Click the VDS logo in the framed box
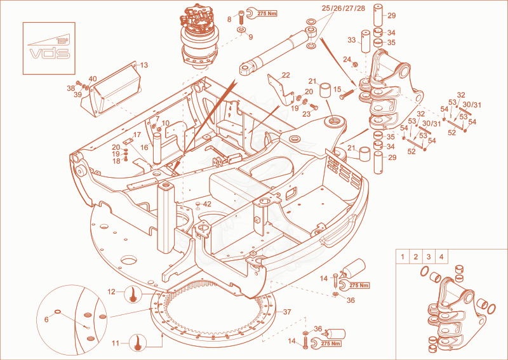coord(49,48)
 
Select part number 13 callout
coord(144,65)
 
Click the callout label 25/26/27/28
coord(344,8)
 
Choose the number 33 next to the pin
coord(352,40)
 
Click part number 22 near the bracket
coord(286,75)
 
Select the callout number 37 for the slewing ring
coord(287,312)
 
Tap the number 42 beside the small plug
coord(207,204)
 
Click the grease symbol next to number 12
coord(133,294)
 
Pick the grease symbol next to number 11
coord(138,343)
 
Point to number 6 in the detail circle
coord(46,319)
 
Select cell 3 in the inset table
coord(428,257)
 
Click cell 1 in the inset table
coord(403,257)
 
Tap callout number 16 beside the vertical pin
coord(144,147)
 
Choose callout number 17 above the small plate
coord(137,135)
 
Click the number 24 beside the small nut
coord(347,60)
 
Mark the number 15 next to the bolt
coord(337,89)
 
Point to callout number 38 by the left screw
coord(70,88)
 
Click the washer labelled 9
coord(241,30)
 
